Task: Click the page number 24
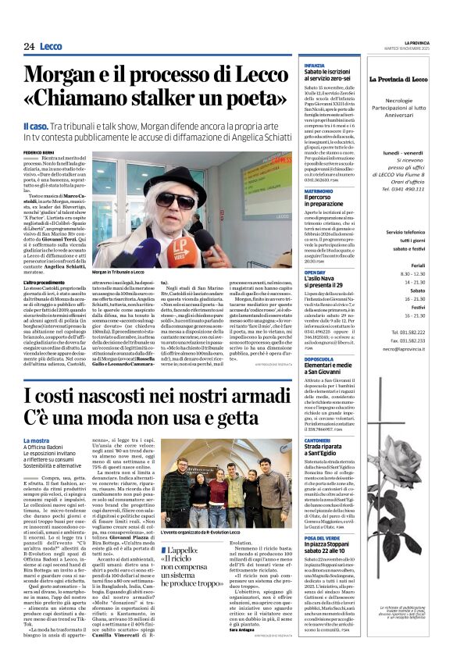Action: (29, 46)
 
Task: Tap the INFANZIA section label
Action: (314, 65)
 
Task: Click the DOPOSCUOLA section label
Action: (319, 359)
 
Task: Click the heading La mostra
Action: (36, 441)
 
